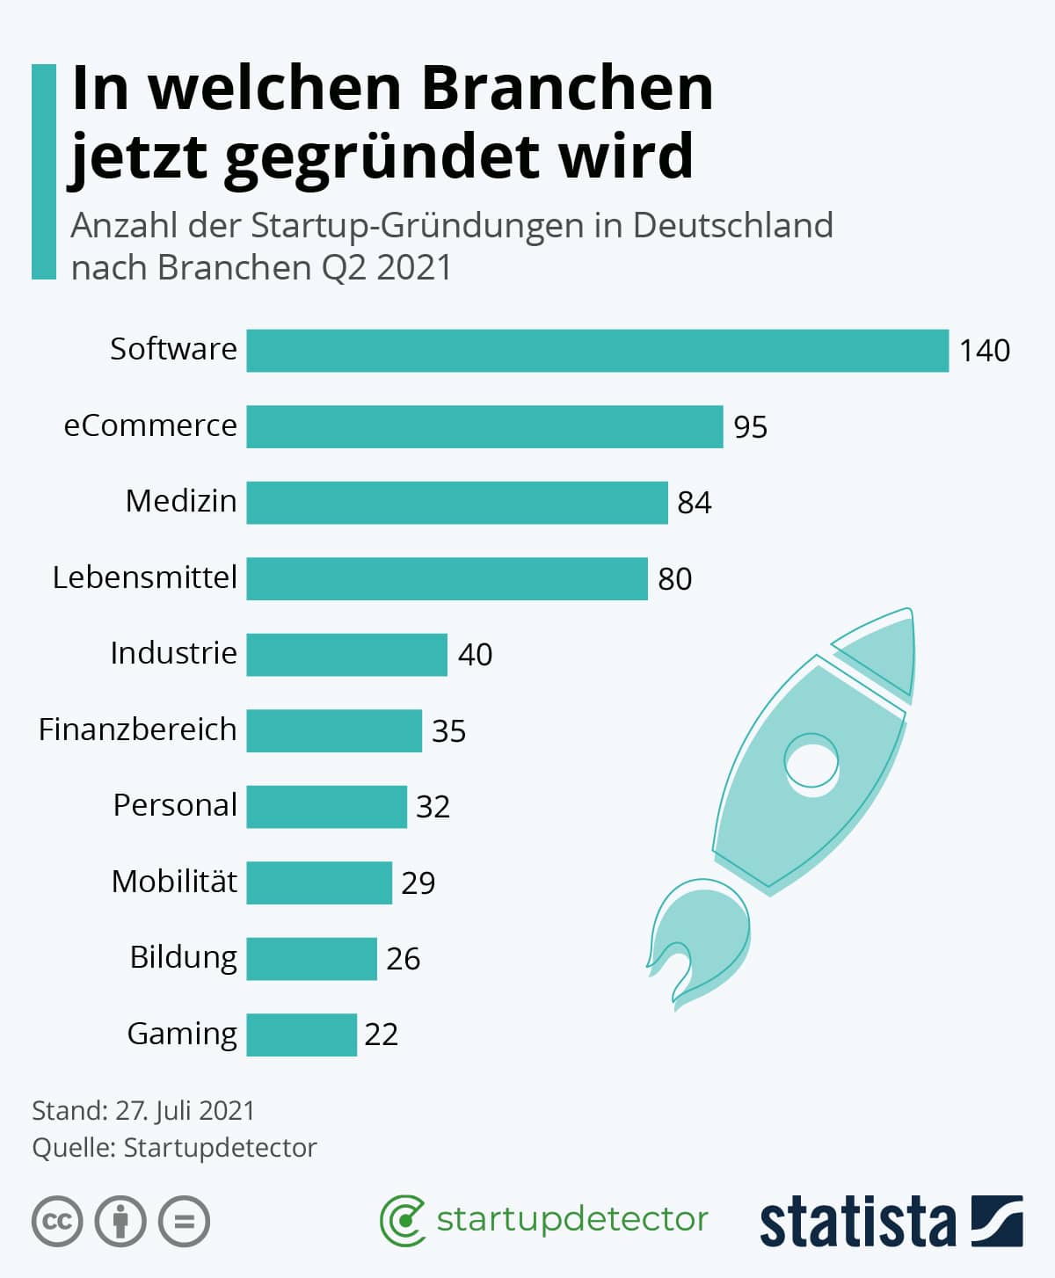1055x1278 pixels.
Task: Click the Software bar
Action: [x=598, y=351]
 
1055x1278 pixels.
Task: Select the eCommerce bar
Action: [x=485, y=426]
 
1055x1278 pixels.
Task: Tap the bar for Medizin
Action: [x=457, y=503]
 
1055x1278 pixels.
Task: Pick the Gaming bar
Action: [x=302, y=1035]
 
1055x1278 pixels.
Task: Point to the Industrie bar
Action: [x=347, y=655]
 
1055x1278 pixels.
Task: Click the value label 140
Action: [x=985, y=352]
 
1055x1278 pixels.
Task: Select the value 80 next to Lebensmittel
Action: [x=674, y=579]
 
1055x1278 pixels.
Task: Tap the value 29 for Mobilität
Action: [x=418, y=883]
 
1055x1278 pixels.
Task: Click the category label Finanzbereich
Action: [x=138, y=730]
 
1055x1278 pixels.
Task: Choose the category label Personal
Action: [x=175, y=805]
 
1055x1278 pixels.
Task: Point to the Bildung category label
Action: [x=184, y=958]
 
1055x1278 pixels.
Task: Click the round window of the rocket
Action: [x=811, y=761]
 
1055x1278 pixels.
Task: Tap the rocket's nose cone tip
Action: [x=910, y=609]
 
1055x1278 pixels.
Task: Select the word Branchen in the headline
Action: [x=568, y=89]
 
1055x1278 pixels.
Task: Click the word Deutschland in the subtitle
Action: [x=733, y=225]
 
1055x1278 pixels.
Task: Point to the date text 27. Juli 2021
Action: [x=185, y=1111]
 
